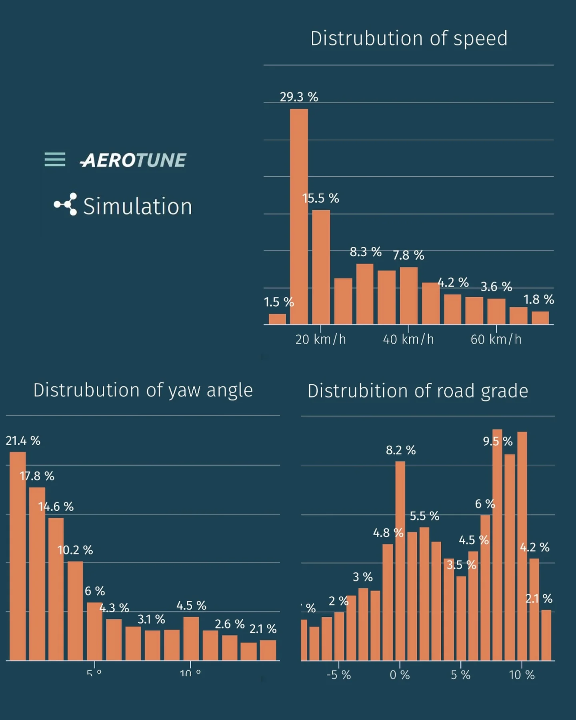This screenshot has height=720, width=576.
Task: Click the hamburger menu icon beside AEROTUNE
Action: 55,160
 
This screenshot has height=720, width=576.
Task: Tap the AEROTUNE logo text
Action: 133,160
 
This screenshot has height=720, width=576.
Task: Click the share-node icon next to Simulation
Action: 66,204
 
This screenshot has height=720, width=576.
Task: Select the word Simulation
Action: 137,206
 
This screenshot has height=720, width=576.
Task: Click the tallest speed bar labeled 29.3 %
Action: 299,216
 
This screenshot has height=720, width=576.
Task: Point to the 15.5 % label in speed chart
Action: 320,198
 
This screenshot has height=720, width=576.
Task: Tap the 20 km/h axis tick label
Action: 320,340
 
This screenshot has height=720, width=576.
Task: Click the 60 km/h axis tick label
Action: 496,340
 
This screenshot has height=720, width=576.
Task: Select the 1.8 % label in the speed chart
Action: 538,300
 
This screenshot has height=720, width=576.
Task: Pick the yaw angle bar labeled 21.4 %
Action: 18,556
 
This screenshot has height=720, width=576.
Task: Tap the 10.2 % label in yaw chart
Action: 75,550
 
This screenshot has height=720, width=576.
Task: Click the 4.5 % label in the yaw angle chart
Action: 191,606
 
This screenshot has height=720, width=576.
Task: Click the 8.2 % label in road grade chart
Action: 400,450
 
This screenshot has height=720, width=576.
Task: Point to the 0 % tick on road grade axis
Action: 400,675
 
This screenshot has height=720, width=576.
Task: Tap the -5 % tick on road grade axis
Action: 338,675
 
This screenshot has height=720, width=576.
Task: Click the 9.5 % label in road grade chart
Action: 498,441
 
